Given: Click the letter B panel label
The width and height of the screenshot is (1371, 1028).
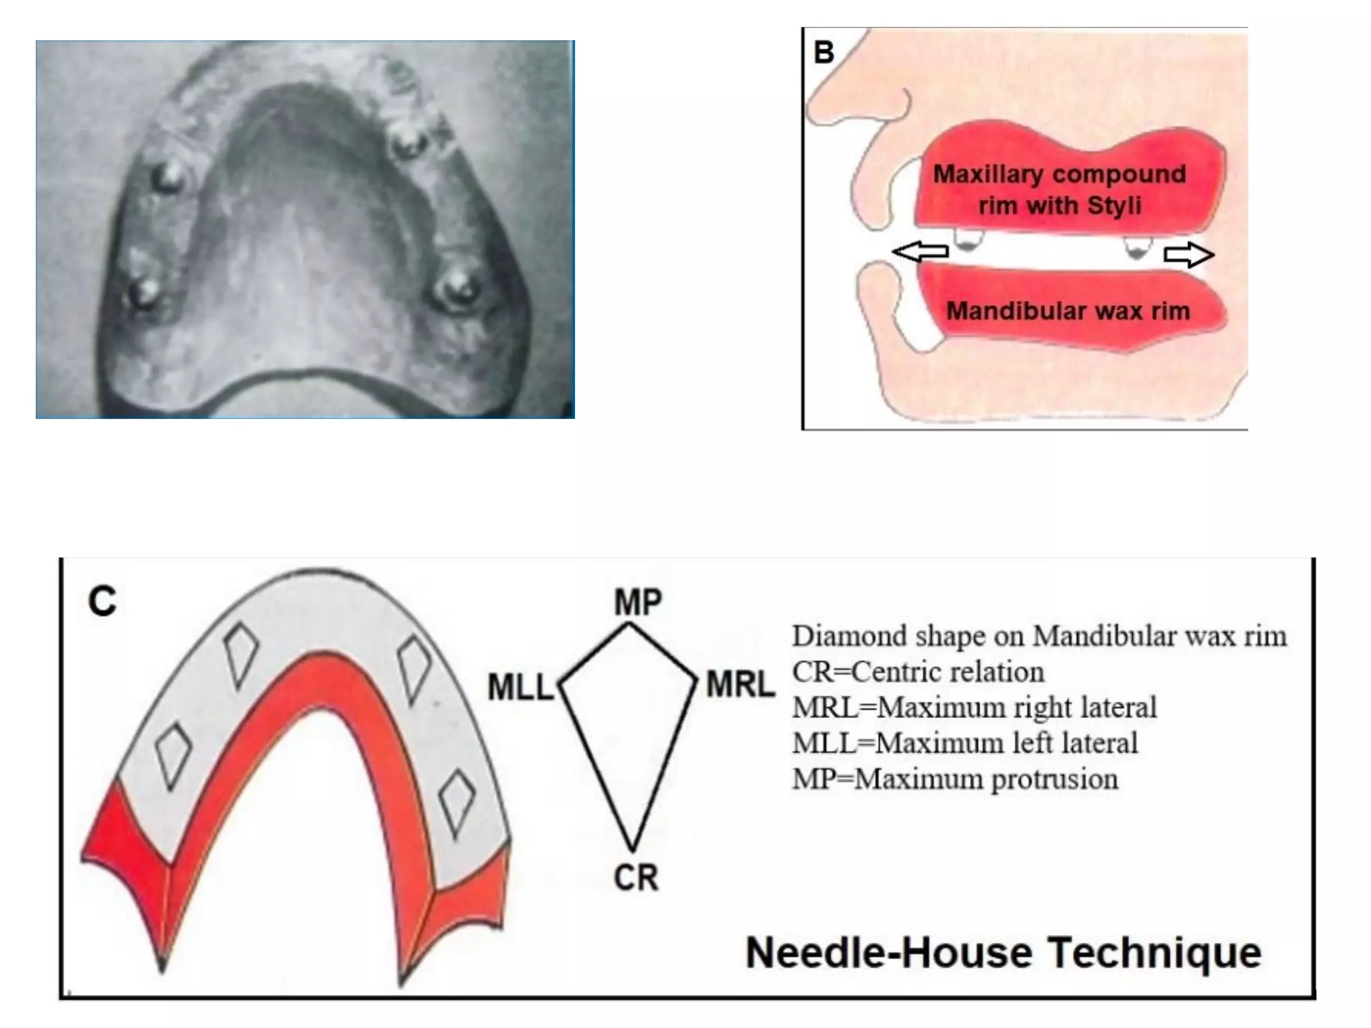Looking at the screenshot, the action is pyautogui.click(x=824, y=53).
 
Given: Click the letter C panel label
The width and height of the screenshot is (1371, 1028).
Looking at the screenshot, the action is pyautogui.click(x=102, y=601).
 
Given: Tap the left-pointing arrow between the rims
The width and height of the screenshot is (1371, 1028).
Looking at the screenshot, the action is pyautogui.click(x=920, y=252).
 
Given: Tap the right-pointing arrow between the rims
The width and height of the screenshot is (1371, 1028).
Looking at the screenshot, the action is pyautogui.click(x=1189, y=255).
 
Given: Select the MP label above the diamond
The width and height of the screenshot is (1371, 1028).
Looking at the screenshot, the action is pyautogui.click(x=638, y=602).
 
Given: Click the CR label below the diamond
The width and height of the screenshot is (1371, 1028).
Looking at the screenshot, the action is pyautogui.click(x=636, y=877).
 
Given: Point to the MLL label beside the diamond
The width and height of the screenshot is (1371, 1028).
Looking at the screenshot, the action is pyautogui.click(x=521, y=687).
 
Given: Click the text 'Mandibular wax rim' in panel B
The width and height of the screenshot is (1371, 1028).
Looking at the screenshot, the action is pyautogui.click(x=1068, y=311).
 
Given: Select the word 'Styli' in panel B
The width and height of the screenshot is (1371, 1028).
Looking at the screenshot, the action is pyautogui.click(x=1115, y=205).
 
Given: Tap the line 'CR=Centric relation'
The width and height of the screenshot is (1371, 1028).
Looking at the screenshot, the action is pyautogui.click(x=918, y=671).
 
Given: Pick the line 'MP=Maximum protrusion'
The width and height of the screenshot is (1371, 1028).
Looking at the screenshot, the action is pyautogui.click(x=955, y=779).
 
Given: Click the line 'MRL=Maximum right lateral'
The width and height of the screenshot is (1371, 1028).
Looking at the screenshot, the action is pyautogui.click(x=975, y=707).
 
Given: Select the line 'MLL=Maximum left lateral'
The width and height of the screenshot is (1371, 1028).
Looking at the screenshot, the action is pyautogui.click(x=965, y=743).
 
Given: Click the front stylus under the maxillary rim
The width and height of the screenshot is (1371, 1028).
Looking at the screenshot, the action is pyautogui.click(x=965, y=240).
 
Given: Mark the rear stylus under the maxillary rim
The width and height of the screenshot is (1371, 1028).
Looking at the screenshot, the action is pyautogui.click(x=1136, y=248).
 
